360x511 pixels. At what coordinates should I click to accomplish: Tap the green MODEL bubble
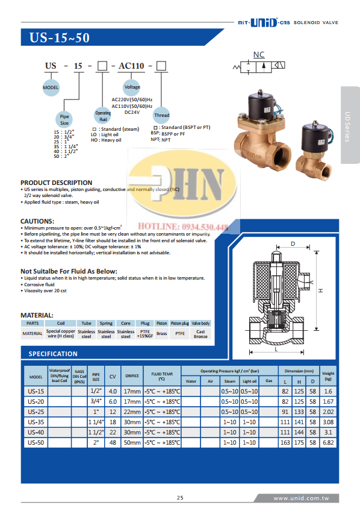(x=50, y=87)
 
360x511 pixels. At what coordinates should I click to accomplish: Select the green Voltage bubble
(x=132, y=87)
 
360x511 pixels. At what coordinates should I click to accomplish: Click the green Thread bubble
(x=162, y=114)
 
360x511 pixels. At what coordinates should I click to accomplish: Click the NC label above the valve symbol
(x=259, y=55)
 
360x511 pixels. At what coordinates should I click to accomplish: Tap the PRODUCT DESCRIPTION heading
(x=57, y=182)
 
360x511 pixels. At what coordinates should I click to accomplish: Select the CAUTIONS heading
(x=37, y=221)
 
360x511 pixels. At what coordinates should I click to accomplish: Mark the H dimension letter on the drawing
(x=321, y=290)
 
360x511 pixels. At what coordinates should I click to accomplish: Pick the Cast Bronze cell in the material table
(x=200, y=333)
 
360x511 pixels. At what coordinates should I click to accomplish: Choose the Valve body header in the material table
(x=200, y=324)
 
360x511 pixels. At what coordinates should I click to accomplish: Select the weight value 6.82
(x=328, y=442)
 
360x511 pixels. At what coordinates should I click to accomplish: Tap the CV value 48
(x=112, y=442)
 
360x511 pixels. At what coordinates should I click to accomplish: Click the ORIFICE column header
(x=131, y=377)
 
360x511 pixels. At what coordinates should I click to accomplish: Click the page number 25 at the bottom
(x=179, y=497)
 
